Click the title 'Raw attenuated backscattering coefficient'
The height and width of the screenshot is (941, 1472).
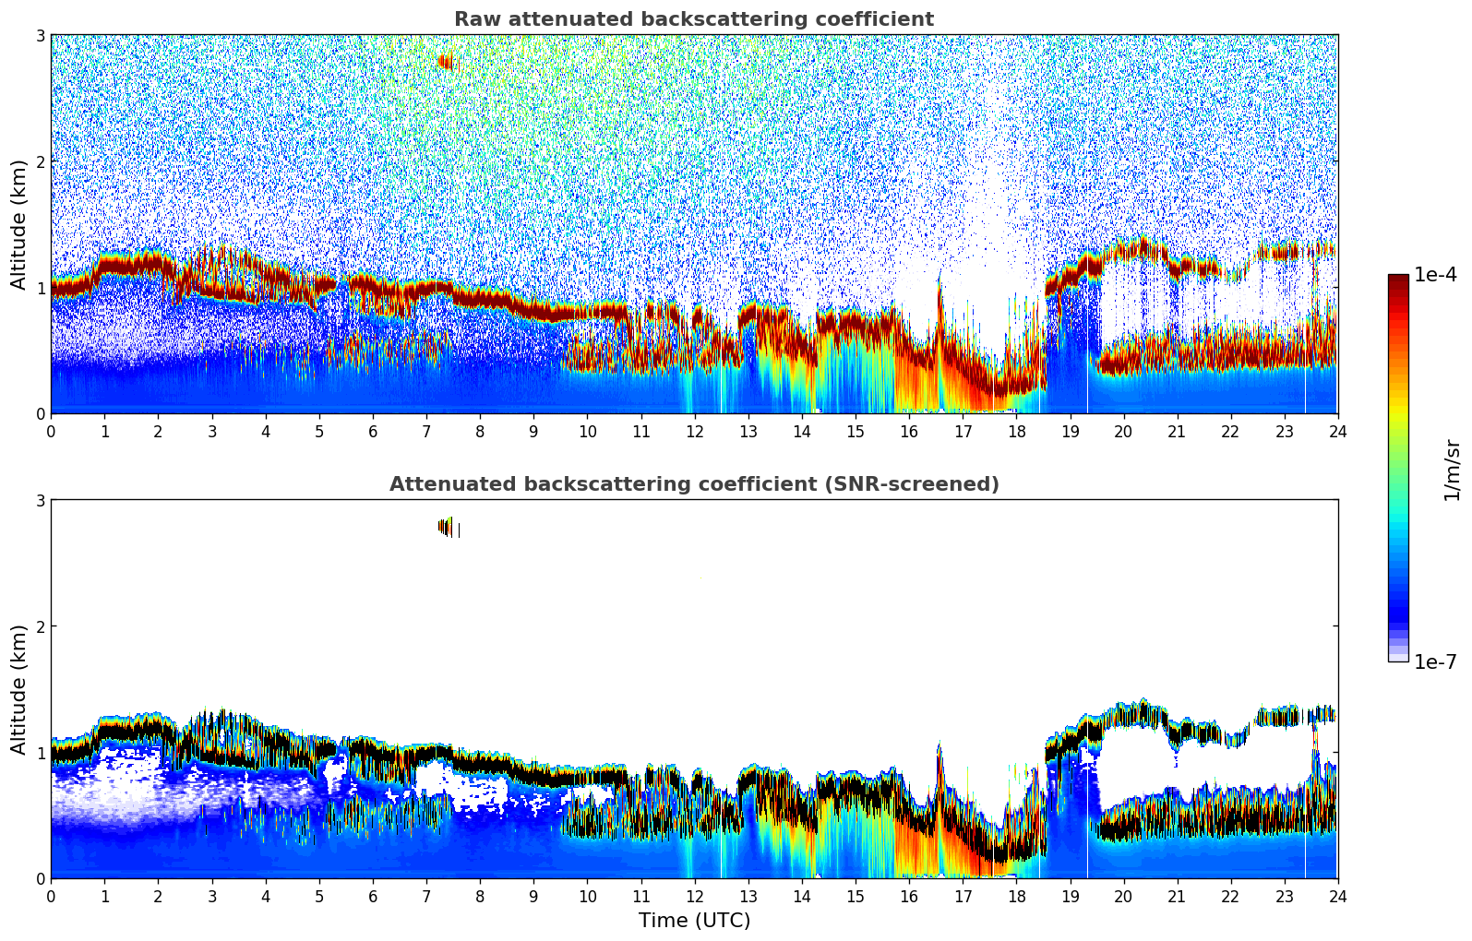pyautogui.click(x=693, y=19)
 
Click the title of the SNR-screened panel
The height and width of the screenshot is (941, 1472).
pyautogui.click(x=693, y=484)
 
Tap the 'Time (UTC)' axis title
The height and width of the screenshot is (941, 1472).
pyautogui.click(x=694, y=921)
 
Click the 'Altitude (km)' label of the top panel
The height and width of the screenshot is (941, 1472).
pyautogui.click(x=18, y=224)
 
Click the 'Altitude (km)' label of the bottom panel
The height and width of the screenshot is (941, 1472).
pyautogui.click(x=18, y=689)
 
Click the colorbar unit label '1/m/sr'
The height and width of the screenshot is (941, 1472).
pyautogui.click(x=1452, y=470)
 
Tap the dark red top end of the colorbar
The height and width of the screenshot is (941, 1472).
pyautogui.click(x=1398, y=279)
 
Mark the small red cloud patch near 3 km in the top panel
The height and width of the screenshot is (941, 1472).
pyautogui.click(x=445, y=62)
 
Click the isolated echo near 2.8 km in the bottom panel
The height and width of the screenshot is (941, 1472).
pyautogui.click(x=447, y=527)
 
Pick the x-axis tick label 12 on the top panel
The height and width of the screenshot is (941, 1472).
pyautogui.click(x=694, y=431)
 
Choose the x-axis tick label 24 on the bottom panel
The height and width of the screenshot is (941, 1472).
pyautogui.click(x=1337, y=896)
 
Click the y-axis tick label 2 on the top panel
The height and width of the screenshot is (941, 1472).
pyautogui.click(x=41, y=161)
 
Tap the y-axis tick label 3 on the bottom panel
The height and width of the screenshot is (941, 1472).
pyautogui.click(x=41, y=500)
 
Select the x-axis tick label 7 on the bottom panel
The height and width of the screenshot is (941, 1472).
pyautogui.click(x=426, y=896)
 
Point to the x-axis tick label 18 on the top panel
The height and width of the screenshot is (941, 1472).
pyautogui.click(x=1016, y=431)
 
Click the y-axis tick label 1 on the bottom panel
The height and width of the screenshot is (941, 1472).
pyautogui.click(x=41, y=753)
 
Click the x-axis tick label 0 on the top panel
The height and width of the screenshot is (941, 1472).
pyautogui.click(x=51, y=431)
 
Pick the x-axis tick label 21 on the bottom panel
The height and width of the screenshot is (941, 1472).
pyautogui.click(x=1177, y=896)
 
